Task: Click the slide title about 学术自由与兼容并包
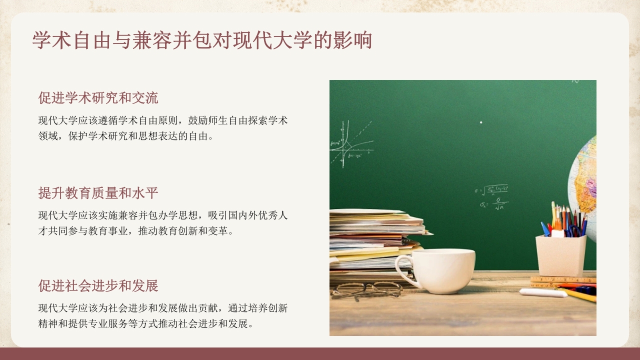pos(202,40)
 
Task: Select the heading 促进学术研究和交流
pos(98,98)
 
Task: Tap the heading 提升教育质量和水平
pos(98,193)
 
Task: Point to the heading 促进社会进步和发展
pos(98,286)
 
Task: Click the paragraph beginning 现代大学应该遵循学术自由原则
pos(163,128)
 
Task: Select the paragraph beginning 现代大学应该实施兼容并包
pos(163,223)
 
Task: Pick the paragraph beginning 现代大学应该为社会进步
pos(163,316)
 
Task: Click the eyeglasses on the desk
pos(367,289)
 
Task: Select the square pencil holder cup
pos(560,255)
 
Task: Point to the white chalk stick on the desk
pos(542,292)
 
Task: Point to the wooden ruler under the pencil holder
pos(562,280)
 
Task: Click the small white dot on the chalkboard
pos(481,122)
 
